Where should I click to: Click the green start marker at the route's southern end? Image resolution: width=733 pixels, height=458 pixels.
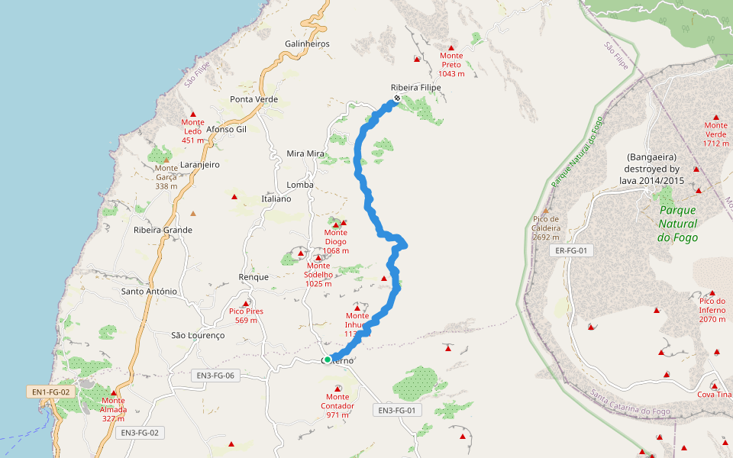point(327,360)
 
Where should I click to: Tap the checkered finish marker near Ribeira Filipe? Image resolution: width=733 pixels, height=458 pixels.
point(397,98)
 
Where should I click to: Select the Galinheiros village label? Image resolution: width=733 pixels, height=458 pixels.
point(306,44)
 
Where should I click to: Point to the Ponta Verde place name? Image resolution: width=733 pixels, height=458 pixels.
point(254,99)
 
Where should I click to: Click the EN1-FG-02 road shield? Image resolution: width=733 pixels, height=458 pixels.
point(51,392)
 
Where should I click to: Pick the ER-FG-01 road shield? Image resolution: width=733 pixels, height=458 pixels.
point(571,250)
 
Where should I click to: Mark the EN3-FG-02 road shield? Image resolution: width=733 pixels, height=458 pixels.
point(140,433)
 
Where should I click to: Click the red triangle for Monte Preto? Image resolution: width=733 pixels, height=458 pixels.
point(451,48)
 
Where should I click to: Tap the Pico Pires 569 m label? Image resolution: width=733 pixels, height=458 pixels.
point(243,315)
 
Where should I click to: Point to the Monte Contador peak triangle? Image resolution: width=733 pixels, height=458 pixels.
point(337,389)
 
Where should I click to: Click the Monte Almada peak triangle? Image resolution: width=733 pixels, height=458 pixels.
point(113,392)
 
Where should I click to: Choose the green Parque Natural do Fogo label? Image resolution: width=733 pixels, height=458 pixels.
point(677,224)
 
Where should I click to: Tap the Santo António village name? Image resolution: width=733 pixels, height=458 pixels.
point(150,292)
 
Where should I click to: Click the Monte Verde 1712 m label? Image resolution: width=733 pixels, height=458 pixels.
point(716,134)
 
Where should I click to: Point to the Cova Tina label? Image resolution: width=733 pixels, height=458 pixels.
point(715,395)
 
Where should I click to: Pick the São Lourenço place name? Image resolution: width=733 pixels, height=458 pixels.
point(198,335)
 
